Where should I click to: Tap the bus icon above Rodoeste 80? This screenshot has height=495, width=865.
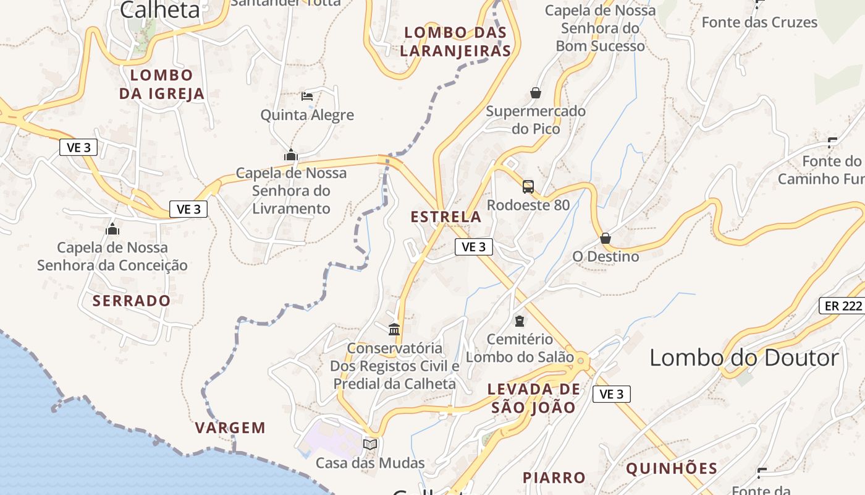click(528, 186)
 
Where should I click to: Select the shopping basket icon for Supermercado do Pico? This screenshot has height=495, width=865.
click(535, 93)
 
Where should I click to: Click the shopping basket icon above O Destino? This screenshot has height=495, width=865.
click(605, 238)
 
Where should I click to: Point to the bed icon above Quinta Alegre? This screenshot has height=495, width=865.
click(307, 96)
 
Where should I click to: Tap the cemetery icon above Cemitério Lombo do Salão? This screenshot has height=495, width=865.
click(519, 321)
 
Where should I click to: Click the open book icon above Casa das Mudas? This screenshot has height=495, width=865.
click(370, 444)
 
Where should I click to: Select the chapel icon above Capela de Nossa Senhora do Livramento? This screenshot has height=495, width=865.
click(290, 155)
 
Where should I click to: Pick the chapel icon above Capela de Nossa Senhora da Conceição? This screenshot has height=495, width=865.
click(112, 229)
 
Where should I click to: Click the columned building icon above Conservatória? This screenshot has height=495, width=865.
click(394, 329)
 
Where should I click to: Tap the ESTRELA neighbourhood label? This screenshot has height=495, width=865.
click(445, 217)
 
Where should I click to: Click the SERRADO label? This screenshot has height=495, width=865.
click(131, 301)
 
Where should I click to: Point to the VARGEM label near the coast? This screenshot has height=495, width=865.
click(230, 428)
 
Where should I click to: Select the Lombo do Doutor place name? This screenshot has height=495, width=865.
click(744, 358)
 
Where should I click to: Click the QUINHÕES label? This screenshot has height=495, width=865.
click(671, 468)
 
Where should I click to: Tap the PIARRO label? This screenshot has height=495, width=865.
click(554, 478)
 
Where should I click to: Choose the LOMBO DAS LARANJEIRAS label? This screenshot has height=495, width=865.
click(455, 41)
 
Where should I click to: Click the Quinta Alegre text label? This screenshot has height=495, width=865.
click(306, 115)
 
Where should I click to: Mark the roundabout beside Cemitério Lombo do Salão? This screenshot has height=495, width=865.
click(580, 358)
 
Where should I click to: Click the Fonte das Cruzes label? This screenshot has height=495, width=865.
click(759, 23)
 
